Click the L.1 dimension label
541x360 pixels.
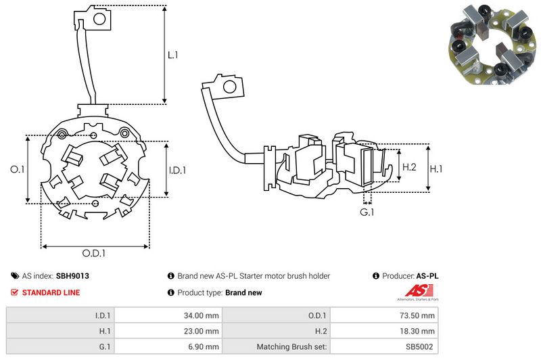point(173,55)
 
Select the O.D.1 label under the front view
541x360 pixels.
point(94,254)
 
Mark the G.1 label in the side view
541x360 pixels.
point(367,213)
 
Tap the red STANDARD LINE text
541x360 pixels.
point(51,293)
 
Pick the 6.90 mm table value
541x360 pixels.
point(204,347)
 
